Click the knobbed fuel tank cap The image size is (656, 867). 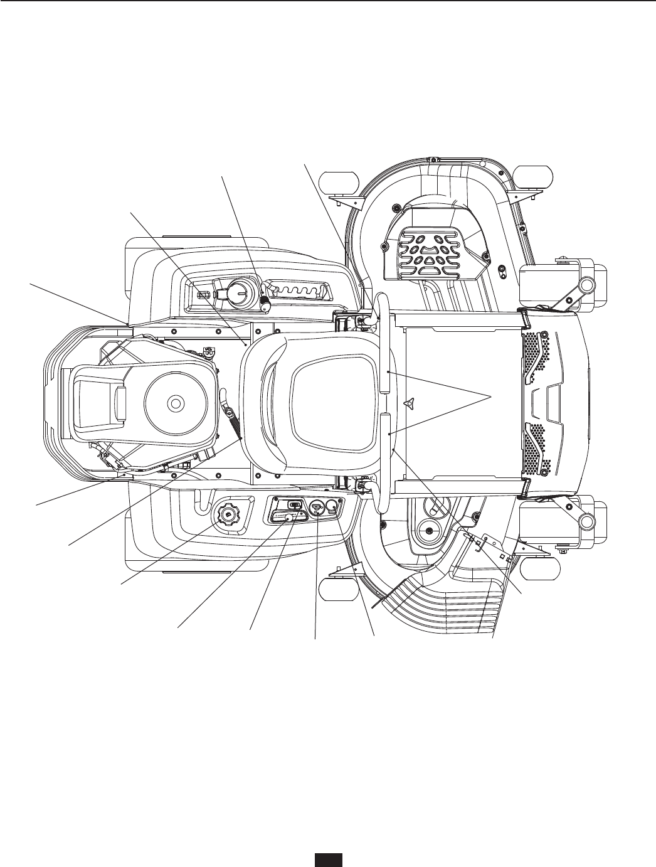tap(226, 515)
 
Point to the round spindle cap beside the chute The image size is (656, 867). tap(429, 531)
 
